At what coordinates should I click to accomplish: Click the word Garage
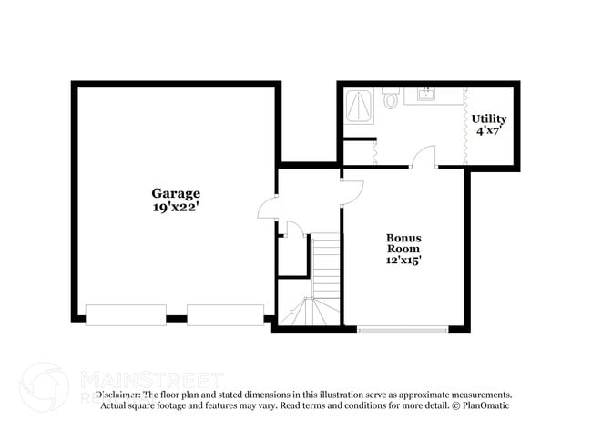click(176, 193)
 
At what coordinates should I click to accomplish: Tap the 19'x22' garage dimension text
click(176, 208)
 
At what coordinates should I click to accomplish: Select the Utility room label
click(488, 119)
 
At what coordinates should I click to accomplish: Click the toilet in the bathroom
click(392, 98)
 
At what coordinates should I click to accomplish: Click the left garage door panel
click(126, 314)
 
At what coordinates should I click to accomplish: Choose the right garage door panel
click(226, 314)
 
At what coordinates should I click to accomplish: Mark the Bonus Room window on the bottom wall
click(402, 329)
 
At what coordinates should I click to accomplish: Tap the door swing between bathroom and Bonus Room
click(424, 159)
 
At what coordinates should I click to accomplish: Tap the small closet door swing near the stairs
click(291, 228)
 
